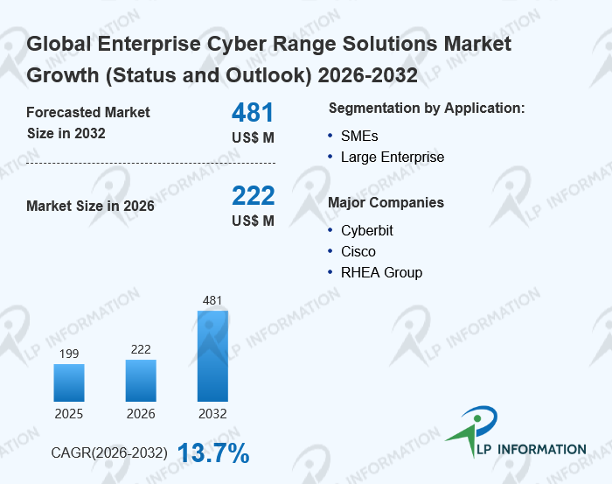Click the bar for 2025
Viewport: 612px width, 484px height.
coord(69,382)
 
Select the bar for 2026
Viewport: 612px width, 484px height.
coord(141,380)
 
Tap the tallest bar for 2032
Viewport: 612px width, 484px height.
coord(212,355)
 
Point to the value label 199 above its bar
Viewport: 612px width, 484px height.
coord(69,354)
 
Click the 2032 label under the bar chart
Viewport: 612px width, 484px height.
coord(212,413)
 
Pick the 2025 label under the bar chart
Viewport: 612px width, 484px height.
coord(69,413)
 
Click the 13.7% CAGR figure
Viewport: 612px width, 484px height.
coord(214,453)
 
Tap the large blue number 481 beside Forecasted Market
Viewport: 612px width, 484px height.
coord(253,113)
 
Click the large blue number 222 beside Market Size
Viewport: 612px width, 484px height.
coord(253,195)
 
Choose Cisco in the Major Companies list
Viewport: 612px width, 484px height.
coord(358,251)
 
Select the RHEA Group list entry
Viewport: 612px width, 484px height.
coord(381,272)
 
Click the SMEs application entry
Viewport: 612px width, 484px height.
coord(359,136)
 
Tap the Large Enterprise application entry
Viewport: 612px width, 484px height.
coord(393,158)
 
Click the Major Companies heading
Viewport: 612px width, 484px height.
coord(386,203)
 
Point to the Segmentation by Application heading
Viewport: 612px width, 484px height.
coord(427,109)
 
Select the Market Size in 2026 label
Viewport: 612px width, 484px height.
coord(90,207)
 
